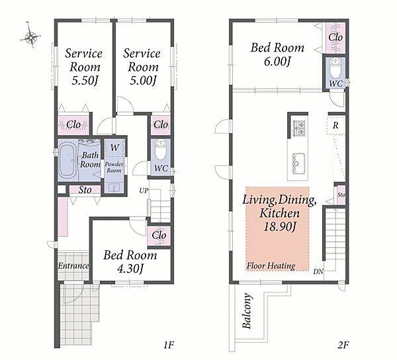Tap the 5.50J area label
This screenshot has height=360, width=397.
[x=85, y=81]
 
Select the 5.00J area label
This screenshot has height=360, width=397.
[x=143, y=81]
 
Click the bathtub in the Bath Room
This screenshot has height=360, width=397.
[x=68, y=159]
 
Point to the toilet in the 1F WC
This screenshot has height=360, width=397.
[x=160, y=150]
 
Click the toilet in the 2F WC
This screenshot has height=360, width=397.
[x=335, y=68]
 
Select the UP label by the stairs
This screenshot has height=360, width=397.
[x=144, y=191]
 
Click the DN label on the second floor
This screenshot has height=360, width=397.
[x=318, y=271]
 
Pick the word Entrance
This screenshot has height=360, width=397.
[x=73, y=265]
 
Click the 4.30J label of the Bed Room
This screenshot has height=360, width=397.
[x=130, y=269]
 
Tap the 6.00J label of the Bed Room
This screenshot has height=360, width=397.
[x=277, y=62]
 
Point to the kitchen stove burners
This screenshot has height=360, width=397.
[x=300, y=128]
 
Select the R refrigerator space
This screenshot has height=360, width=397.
[x=335, y=125]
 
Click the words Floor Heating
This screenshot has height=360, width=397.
[x=271, y=266]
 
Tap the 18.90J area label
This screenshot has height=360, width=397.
[x=279, y=226]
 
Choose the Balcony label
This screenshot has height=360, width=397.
[x=247, y=311]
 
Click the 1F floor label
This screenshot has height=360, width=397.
[x=169, y=345]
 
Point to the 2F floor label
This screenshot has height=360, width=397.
[x=343, y=345]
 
